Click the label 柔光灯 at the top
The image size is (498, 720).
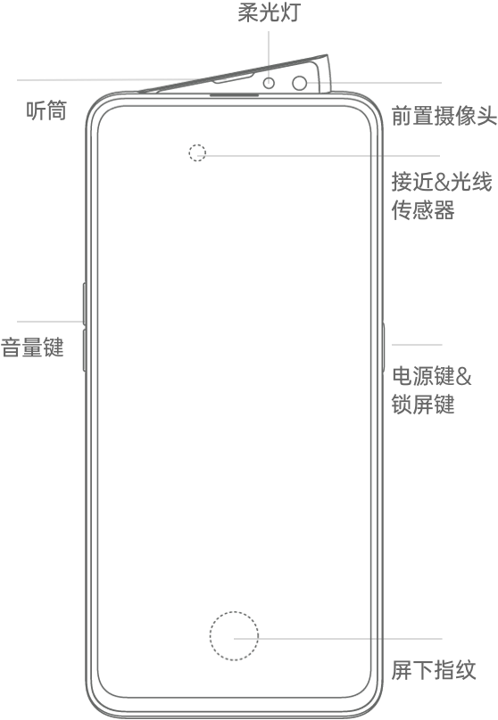269,12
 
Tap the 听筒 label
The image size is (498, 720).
46,110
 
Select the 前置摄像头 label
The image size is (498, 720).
444,116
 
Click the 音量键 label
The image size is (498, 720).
32,348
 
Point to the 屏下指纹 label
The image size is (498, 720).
434,670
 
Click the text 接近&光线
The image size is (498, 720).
442,182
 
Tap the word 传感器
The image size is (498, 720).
423,209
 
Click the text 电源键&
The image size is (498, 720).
432,376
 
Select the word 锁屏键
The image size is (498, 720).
423,404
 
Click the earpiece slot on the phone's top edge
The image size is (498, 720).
234,95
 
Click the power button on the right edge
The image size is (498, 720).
383,347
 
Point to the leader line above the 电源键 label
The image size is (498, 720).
417,344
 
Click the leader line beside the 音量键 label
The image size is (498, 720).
50,322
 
